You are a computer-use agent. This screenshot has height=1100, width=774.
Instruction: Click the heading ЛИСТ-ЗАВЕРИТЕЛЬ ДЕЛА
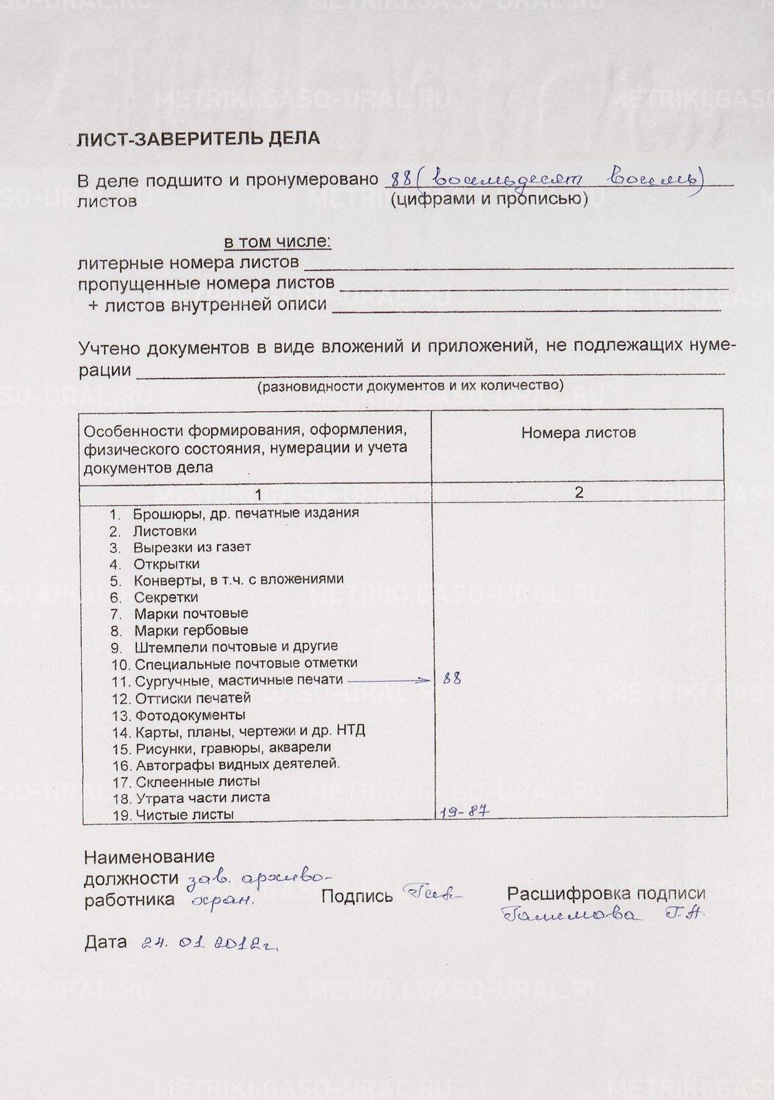click(198, 139)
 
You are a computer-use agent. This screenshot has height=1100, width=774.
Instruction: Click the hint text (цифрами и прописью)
click(488, 199)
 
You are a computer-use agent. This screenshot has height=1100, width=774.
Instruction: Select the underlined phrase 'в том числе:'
click(277, 242)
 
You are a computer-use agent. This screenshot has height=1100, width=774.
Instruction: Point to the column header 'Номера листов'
click(578, 432)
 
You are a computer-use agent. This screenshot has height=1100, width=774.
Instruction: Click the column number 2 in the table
click(579, 492)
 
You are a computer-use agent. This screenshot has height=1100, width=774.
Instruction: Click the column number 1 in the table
click(257, 494)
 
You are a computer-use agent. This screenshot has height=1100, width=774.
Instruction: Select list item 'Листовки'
click(164, 531)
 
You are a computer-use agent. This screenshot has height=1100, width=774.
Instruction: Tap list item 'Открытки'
click(166, 564)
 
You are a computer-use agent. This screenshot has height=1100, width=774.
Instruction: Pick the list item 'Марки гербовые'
click(191, 630)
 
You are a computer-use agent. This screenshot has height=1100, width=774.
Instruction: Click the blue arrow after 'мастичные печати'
click(389, 680)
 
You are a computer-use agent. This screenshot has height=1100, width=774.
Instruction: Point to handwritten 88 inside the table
click(452, 679)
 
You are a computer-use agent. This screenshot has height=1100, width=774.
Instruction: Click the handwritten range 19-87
click(464, 811)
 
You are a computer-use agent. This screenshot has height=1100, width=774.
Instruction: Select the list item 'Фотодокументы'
click(190, 715)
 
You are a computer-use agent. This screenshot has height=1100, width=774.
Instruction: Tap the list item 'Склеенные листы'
click(197, 781)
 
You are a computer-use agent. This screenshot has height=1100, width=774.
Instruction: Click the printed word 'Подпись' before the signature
click(357, 896)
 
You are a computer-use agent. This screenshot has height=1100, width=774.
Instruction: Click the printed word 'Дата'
click(106, 942)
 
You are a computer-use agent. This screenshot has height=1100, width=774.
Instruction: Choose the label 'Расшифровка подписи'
click(606, 893)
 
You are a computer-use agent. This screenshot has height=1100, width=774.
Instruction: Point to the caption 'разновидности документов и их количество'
click(410, 386)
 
